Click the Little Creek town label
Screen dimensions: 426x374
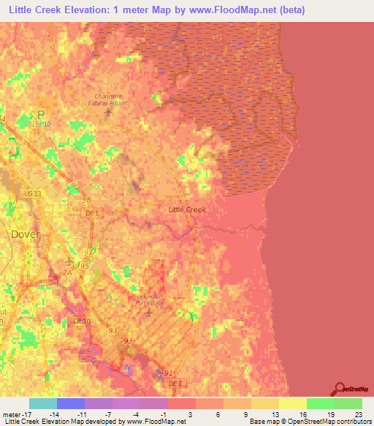pyautogui.click(x=187, y=209)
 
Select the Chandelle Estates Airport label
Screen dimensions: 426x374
pyautogui.click(x=110, y=100)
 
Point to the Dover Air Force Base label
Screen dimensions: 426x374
pyautogui.click(x=152, y=299)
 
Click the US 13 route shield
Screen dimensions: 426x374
pyautogui.click(x=33, y=193)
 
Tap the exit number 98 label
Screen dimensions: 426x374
pyautogui.click(x=87, y=200)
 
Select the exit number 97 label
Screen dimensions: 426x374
pyautogui.click(x=88, y=253)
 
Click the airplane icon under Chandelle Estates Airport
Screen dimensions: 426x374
pyautogui.click(x=110, y=112)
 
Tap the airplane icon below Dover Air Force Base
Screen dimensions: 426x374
pyautogui.click(x=150, y=313)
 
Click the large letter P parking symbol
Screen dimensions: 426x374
pyautogui.click(x=41, y=114)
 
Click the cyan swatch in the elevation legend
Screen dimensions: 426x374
pyautogui.click(x=43, y=403)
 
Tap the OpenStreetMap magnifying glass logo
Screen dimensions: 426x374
pyautogui.click(x=340, y=388)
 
